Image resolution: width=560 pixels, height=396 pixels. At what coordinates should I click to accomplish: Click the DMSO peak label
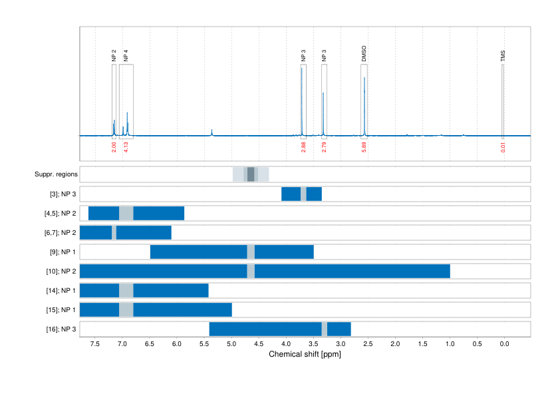pos(364,54)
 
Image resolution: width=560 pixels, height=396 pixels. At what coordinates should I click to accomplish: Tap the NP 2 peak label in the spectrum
pos(114,56)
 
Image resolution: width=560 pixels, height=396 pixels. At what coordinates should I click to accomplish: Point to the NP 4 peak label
pos(126,56)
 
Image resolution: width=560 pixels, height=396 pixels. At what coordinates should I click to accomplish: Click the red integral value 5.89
pos(364,147)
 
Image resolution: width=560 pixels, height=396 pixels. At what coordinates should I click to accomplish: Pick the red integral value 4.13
pos(126,147)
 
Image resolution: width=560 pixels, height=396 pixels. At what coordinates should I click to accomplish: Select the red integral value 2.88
pos(303,147)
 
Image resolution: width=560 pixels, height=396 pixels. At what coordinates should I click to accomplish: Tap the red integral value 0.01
pos(503,147)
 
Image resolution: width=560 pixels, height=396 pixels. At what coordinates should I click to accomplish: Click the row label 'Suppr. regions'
pos(56,174)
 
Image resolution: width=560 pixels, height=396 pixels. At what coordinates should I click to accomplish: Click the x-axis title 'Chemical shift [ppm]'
pos(305,355)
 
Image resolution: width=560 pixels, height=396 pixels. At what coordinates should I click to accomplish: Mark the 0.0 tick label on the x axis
pos(504,344)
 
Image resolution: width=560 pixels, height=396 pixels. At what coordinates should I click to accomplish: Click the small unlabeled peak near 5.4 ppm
pos(211,131)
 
